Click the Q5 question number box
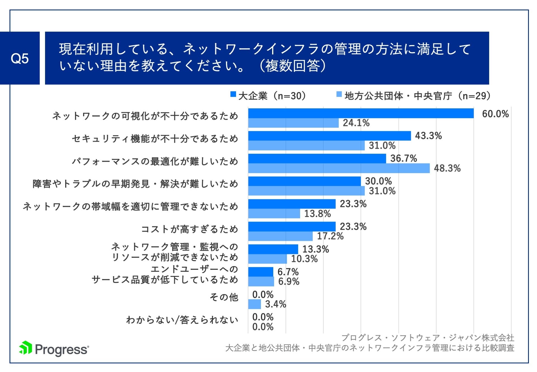tap(20, 58)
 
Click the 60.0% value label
tap(495, 114)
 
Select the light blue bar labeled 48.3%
tap(339, 168)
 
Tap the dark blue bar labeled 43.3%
tap(329, 136)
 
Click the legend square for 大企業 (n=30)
tap(233, 94)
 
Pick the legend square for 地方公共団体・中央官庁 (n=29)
tap(339, 94)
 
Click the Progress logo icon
tap(25, 348)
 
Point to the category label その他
tap(224, 297)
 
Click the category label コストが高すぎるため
tap(189, 229)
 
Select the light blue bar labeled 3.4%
tap(255, 304)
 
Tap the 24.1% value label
tap(356, 123)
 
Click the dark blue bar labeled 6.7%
tap(261, 272)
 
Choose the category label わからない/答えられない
tap(182, 320)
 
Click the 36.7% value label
tap(403, 158)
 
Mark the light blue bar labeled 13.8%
tap(274, 214)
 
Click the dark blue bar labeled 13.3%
tap(273, 249)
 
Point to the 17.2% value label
tap(330, 236)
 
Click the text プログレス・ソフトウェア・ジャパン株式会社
tap(428, 338)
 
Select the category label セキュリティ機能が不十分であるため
tap(155, 139)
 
